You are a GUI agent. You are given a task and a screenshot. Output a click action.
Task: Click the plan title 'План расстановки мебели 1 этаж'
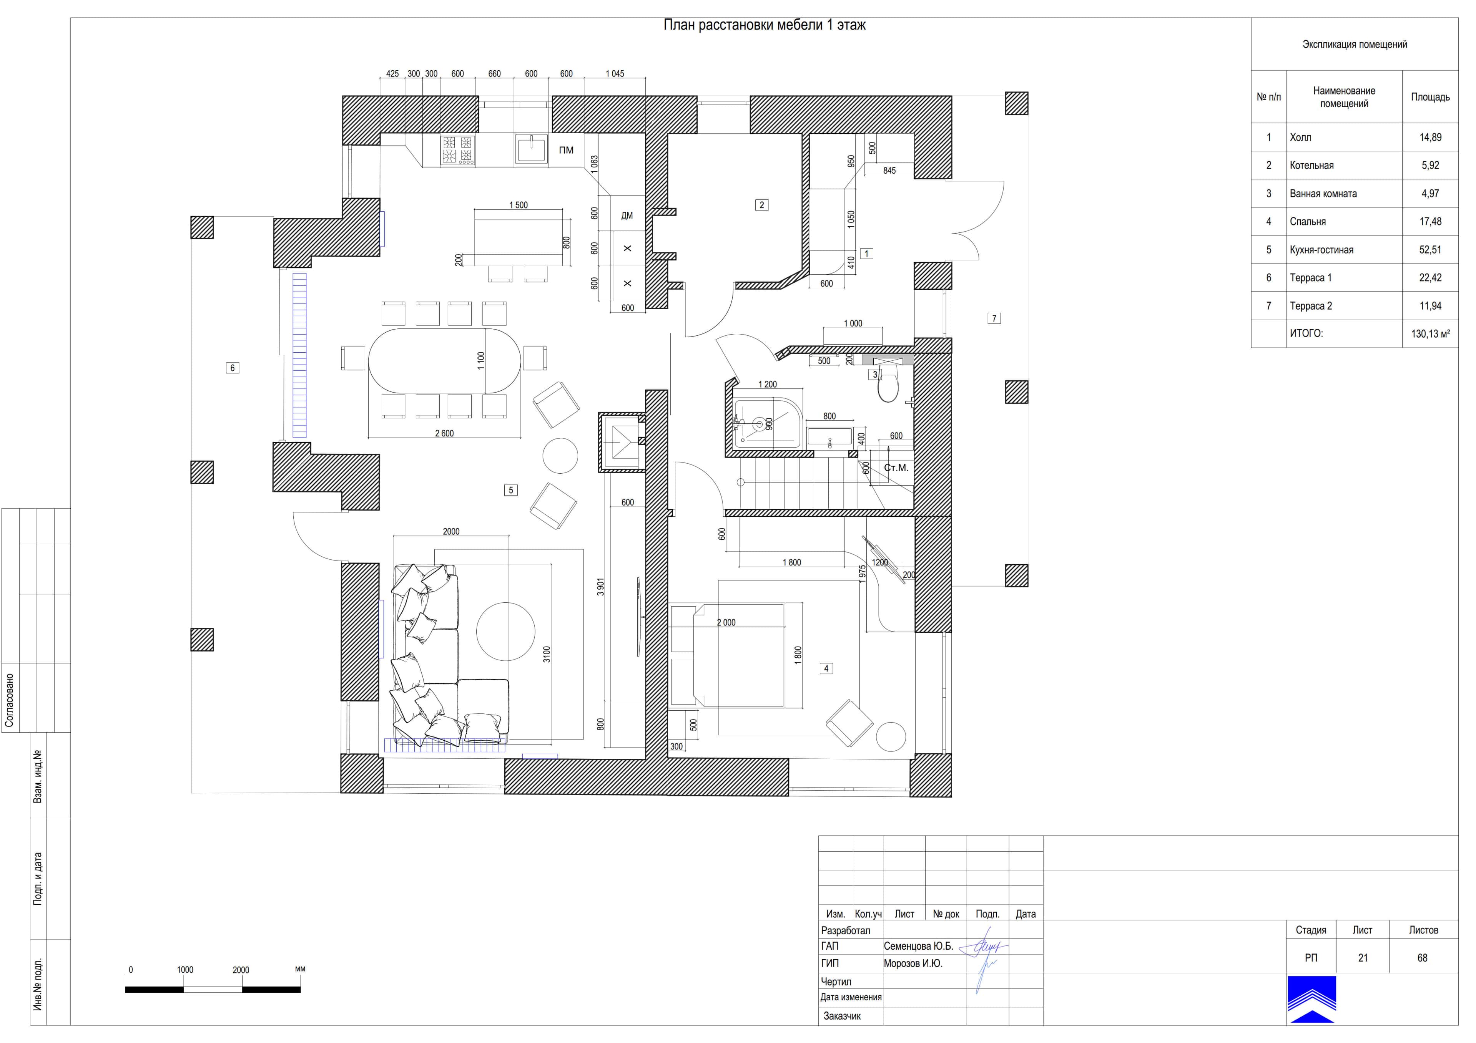pos(765,25)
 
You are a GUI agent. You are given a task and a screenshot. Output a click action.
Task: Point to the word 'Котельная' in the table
pos(1311,165)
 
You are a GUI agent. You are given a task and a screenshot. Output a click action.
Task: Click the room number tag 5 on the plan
pos(511,490)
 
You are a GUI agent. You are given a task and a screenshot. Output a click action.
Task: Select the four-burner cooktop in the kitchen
pos(458,150)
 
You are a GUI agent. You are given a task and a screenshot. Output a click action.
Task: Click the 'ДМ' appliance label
pos(627,216)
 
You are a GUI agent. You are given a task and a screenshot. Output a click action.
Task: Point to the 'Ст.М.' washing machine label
pos(896,468)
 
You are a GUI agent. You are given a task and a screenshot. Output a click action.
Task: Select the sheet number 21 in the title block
pos(1363,958)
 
